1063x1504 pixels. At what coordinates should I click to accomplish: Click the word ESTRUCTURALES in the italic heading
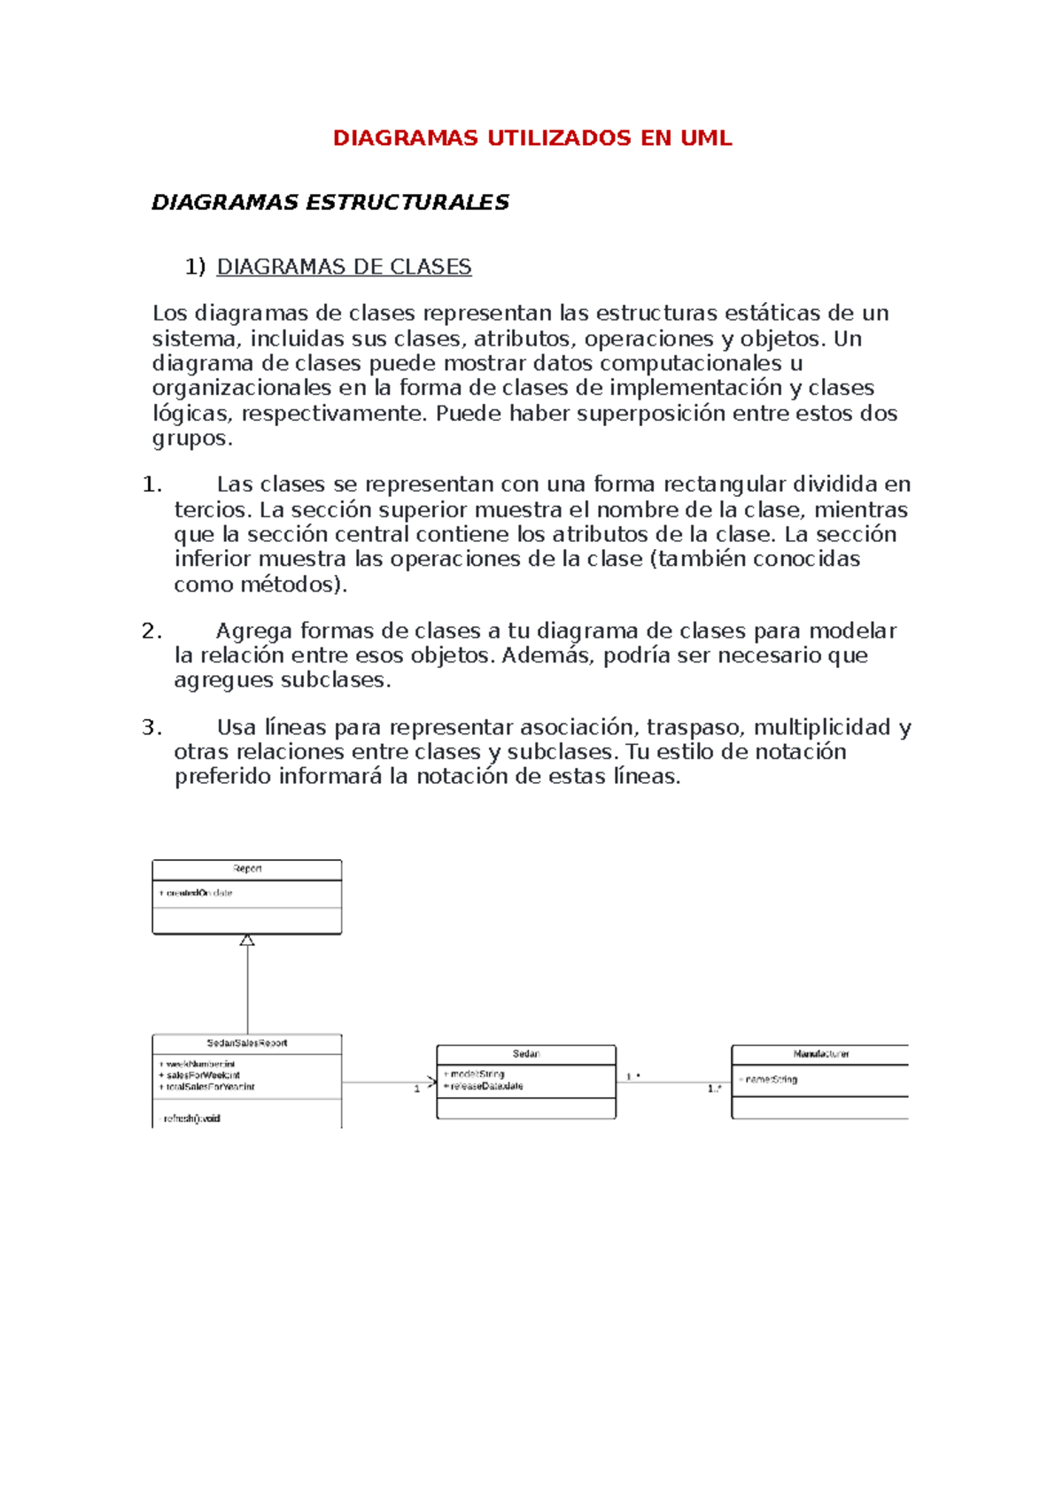(407, 203)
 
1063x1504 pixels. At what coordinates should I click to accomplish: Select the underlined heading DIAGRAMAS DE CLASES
(344, 267)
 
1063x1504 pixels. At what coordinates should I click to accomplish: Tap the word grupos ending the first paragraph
(191, 438)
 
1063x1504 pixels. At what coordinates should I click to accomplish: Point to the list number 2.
(151, 631)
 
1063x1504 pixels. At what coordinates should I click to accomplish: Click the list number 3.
(151, 727)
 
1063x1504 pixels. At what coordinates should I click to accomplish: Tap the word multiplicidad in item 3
(821, 727)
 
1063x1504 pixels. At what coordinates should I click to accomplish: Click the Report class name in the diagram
(247, 869)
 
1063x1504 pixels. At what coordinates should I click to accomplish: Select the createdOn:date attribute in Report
(197, 893)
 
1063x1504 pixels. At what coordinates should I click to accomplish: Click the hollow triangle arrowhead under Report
(247, 941)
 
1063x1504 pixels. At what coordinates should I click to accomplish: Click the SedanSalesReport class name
(247, 1043)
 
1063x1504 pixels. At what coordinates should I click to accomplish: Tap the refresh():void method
(190, 1119)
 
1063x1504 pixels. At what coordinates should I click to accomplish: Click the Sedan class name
(526, 1054)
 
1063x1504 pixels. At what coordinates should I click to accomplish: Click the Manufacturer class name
(821, 1054)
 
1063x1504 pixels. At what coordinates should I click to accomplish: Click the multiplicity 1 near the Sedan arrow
(417, 1089)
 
